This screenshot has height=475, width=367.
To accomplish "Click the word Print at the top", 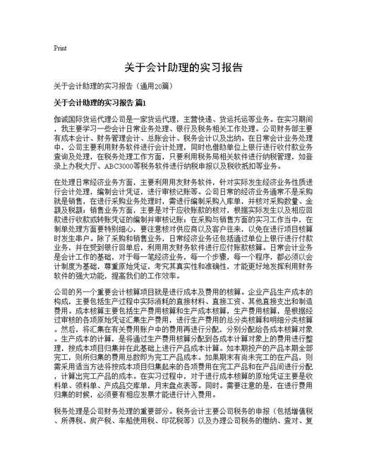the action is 60,48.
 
